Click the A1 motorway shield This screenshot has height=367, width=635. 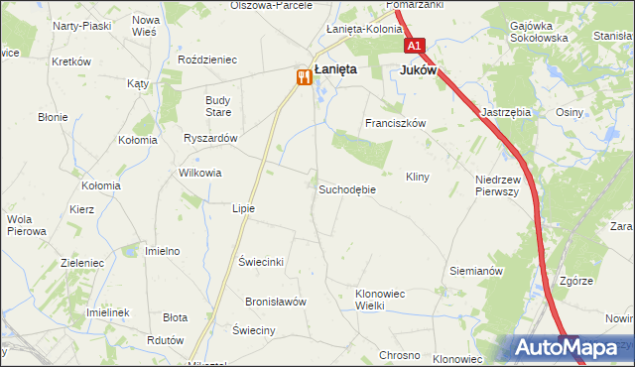tap(414, 46)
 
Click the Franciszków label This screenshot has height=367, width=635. tap(395, 124)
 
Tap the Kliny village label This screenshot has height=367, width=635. tap(417, 177)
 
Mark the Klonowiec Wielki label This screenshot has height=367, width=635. tap(383, 300)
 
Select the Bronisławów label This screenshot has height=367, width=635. tap(277, 301)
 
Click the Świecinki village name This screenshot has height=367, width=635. tap(262, 262)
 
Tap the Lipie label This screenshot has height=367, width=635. tap(243, 208)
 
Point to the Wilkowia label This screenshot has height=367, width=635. tap(199, 173)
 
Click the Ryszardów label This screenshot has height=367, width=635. tap(210, 139)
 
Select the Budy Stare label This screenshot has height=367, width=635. tap(217, 106)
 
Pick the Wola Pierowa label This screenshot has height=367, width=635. tap(27, 225)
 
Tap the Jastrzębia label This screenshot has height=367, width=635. tap(506, 113)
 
